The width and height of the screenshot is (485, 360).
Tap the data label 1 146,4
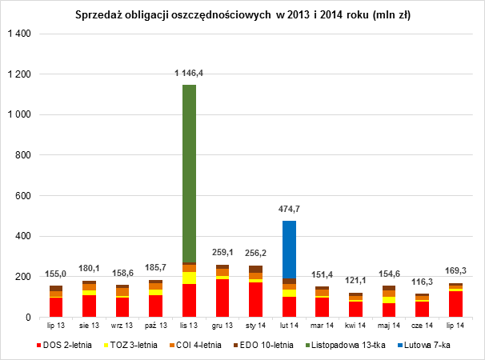189,74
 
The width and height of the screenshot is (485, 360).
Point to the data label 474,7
289,210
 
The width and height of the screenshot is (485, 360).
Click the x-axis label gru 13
222,326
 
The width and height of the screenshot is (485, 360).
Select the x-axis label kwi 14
355,326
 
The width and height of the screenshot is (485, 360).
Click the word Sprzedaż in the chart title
96,15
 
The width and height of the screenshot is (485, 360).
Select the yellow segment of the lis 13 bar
189,278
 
